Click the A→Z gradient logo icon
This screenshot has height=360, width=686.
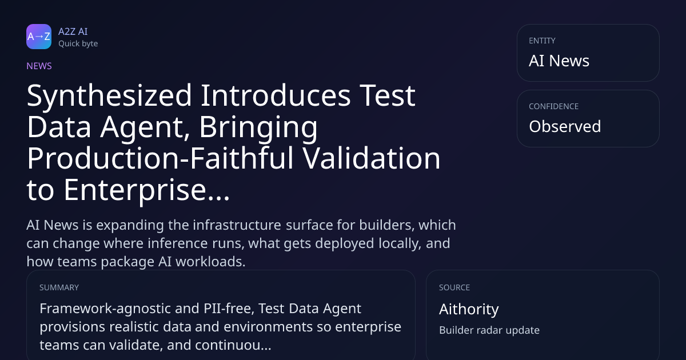(39, 37)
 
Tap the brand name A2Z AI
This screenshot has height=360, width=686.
(73, 31)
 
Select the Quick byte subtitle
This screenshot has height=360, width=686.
(78, 44)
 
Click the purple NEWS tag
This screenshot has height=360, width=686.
(39, 66)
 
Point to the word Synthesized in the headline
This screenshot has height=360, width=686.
(109, 96)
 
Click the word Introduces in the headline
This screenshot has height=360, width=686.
(276, 95)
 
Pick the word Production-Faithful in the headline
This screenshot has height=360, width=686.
(161, 158)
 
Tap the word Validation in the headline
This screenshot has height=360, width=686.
(372, 158)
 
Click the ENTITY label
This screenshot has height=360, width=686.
(542, 41)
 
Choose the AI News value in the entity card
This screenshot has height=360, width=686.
(559, 61)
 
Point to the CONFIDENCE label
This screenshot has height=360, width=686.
(554, 106)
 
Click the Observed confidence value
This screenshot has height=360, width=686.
(565, 126)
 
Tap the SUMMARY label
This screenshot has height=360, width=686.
(59, 287)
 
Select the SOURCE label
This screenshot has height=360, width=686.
(454, 287)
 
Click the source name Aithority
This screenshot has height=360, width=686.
(469, 309)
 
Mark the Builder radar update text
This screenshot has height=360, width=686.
(489, 330)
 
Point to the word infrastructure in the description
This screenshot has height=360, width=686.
(237, 225)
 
